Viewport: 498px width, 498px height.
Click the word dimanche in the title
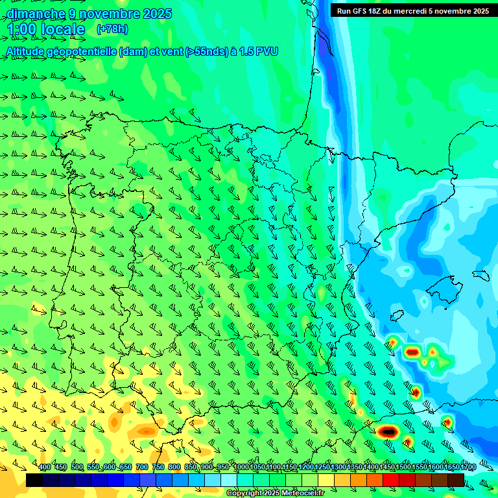(36, 14)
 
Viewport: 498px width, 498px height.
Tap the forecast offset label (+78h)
(112, 29)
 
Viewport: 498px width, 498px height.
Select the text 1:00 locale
(45, 29)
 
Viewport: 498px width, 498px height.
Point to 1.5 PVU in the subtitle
(258, 51)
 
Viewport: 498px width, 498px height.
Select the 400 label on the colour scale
(45, 468)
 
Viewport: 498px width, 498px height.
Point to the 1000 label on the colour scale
(241, 468)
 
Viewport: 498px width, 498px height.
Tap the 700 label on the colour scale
(142, 468)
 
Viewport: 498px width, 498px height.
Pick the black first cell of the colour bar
(34, 480)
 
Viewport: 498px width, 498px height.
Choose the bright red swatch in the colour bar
(391, 480)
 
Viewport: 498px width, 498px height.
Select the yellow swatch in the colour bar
(326, 480)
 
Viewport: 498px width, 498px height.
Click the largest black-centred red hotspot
(387, 431)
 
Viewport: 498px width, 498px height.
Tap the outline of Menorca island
(480, 275)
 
